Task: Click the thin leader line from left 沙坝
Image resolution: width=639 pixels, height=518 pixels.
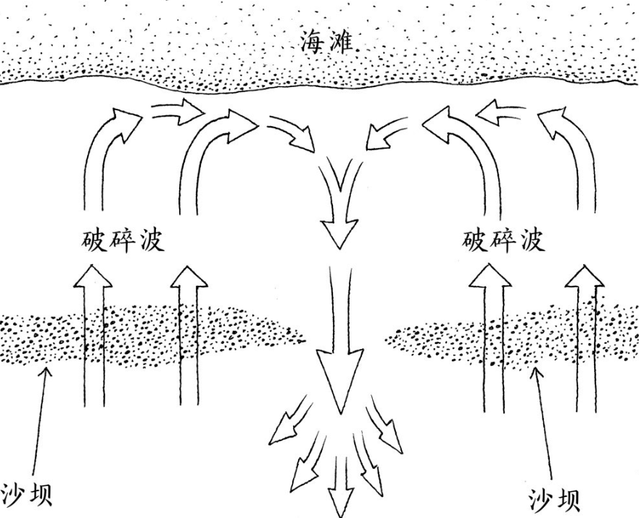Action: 39,421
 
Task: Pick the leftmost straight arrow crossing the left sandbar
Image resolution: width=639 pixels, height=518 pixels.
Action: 94,334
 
